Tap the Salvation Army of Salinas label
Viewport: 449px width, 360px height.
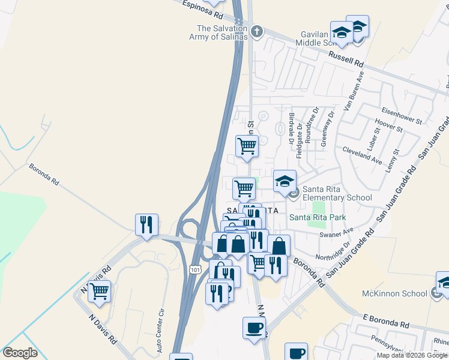pos(222,32)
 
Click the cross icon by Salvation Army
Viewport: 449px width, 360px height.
pos(257,31)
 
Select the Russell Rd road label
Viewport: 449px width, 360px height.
pos(346,58)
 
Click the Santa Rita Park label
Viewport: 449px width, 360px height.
pos(318,217)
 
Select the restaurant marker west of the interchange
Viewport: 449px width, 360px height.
pos(146,224)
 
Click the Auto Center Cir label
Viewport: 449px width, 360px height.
pos(160,331)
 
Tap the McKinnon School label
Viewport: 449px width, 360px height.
pos(394,293)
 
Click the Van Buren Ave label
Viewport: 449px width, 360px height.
pos(354,91)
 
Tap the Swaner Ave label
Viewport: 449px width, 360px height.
pos(336,233)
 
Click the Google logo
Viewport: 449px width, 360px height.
pos(20,353)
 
